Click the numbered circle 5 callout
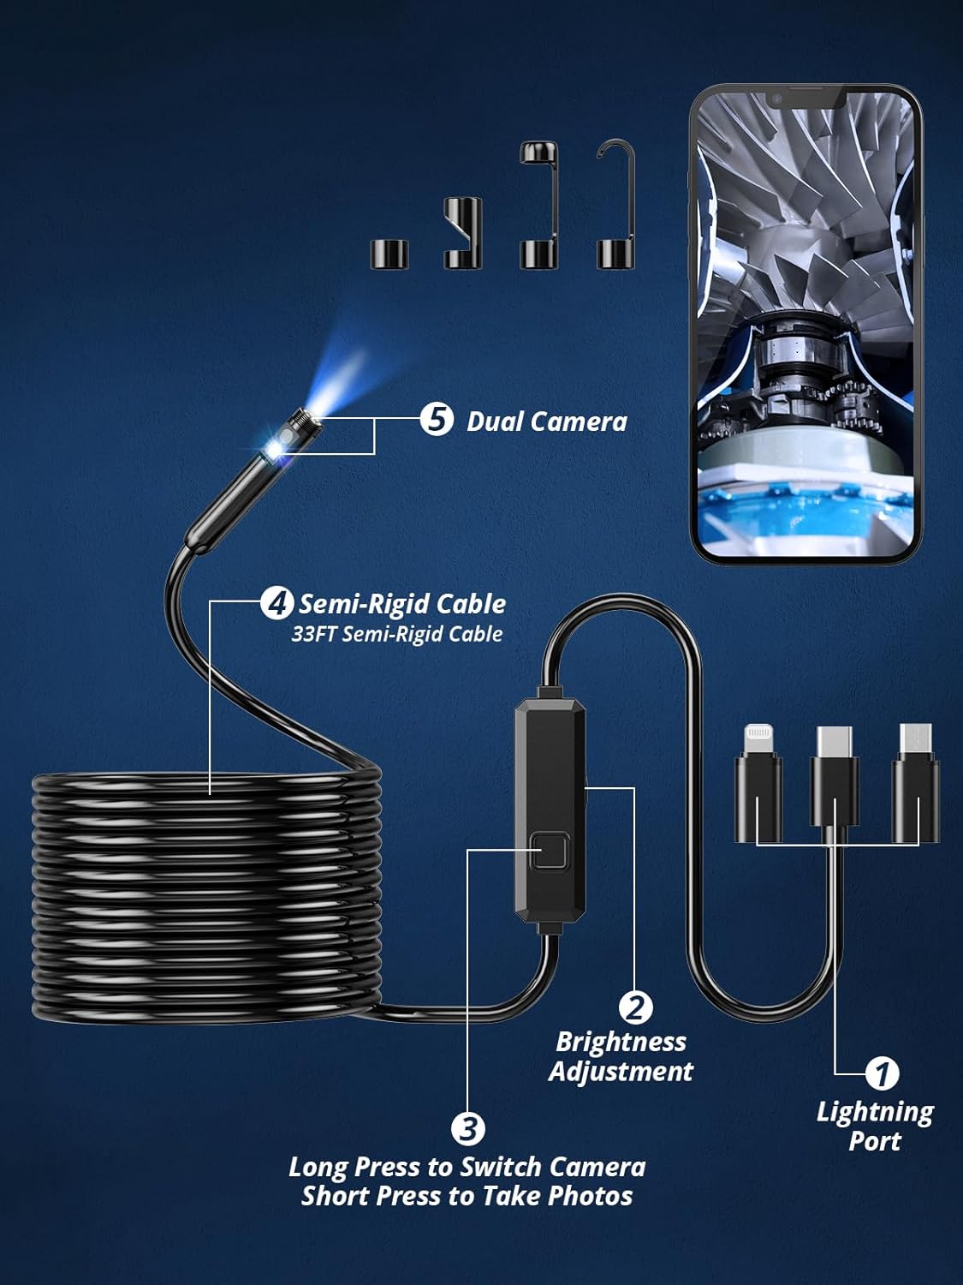[x=437, y=420]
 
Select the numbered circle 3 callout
[x=468, y=1128]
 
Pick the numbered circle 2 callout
[x=635, y=1007]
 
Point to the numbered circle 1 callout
[x=882, y=1073]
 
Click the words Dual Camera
[x=546, y=421]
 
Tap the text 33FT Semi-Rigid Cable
[x=396, y=634]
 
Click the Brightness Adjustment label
[x=621, y=1056]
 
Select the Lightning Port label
[x=874, y=1126]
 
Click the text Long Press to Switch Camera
[x=467, y=1167]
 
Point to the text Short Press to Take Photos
[x=467, y=1196]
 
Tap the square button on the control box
[x=549, y=852]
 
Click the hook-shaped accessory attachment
[x=616, y=206]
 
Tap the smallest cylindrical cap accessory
[x=389, y=254]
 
